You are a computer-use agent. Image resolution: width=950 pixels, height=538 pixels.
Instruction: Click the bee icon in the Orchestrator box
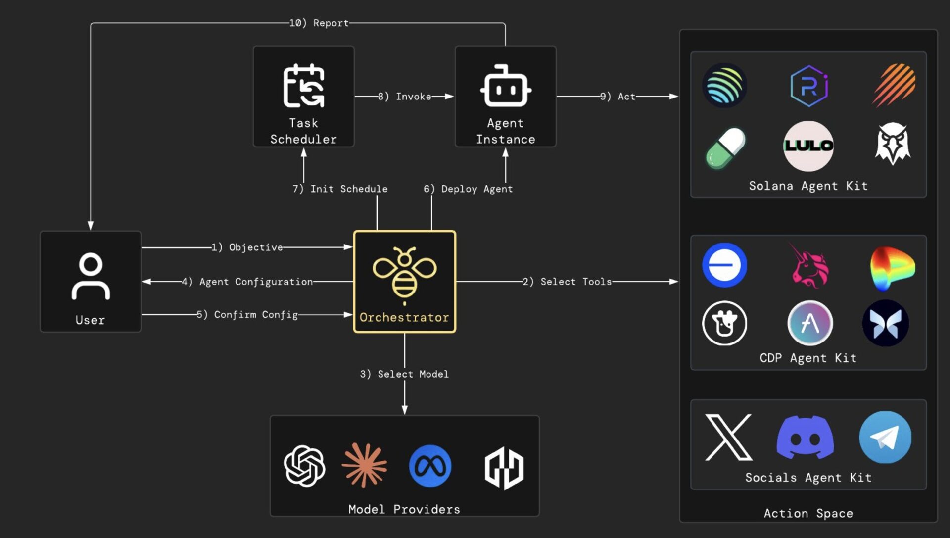pyautogui.click(x=404, y=274)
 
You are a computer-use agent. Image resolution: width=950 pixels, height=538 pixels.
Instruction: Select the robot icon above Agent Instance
pyautogui.click(x=505, y=86)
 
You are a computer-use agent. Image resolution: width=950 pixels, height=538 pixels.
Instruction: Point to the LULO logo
pyautogui.click(x=808, y=146)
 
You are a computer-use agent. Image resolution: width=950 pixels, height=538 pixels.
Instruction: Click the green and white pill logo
pyautogui.click(x=725, y=148)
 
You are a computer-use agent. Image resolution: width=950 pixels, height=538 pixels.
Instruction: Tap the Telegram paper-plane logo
pyautogui.click(x=885, y=437)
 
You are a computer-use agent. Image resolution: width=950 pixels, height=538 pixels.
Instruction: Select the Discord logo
pyautogui.click(x=805, y=437)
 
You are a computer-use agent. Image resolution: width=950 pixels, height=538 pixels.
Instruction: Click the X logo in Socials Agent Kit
pyautogui.click(x=728, y=437)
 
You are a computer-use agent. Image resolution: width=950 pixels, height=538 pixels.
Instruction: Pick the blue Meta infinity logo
pyautogui.click(x=430, y=466)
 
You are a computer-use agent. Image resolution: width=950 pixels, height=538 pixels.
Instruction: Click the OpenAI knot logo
pyautogui.click(x=304, y=466)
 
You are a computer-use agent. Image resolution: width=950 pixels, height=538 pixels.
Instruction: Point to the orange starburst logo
pyautogui.click(x=365, y=465)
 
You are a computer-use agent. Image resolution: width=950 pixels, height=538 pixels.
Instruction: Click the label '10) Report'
pyautogui.click(x=319, y=23)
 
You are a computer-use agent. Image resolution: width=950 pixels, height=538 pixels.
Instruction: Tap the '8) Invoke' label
pyautogui.click(x=405, y=97)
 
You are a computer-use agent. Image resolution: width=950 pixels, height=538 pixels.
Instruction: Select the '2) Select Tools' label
pyautogui.click(x=568, y=282)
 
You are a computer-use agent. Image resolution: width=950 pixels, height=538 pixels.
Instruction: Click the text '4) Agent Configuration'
pyautogui.click(x=247, y=282)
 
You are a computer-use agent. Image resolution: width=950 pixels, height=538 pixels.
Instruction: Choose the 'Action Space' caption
pyautogui.click(x=808, y=513)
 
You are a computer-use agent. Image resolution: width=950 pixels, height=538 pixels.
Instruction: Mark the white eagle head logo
pyautogui.click(x=893, y=144)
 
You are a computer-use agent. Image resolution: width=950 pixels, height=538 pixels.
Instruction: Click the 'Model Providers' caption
pyautogui.click(x=404, y=509)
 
